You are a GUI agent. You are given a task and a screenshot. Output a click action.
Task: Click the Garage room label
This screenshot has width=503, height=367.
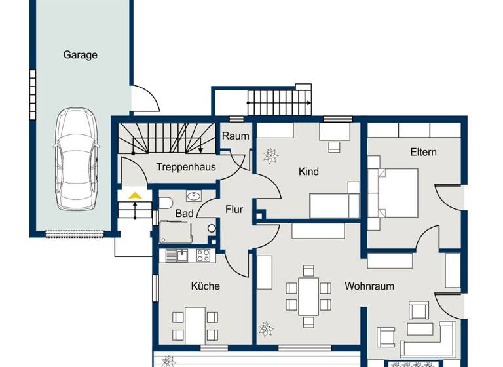(x=80, y=55)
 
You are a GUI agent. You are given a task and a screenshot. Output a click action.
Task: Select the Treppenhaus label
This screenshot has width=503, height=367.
(x=186, y=167)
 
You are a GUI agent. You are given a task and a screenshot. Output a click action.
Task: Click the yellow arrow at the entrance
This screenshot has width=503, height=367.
(x=135, y=195)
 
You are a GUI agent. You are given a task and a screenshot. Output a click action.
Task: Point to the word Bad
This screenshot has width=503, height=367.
(x=184, y=214)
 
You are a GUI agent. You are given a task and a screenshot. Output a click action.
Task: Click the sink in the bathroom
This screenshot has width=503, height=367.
(x=193, y=195)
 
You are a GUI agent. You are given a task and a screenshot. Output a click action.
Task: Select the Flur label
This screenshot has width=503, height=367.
(x=234, y=210)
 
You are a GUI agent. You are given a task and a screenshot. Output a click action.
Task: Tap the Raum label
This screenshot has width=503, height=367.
(x=235, y=136)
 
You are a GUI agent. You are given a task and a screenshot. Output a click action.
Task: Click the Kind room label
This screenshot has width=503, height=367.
(x=308, y=172)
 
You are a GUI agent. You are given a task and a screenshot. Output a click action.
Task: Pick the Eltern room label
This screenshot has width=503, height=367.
(x=423, y=152)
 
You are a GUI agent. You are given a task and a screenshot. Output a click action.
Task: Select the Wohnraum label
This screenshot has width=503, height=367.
(x=369, y=286)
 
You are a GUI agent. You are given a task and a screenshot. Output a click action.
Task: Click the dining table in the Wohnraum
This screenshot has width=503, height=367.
(x=308, y=296)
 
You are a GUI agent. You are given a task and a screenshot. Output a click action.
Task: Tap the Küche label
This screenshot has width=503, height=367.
(x=205, y=286)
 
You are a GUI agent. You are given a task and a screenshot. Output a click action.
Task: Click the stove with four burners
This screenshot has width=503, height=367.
(x=203, y=256)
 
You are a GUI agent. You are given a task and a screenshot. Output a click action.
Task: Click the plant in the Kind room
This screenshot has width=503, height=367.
(x=270, y=156)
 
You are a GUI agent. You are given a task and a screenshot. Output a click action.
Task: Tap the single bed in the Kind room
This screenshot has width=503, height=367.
(x=334, y=205)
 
